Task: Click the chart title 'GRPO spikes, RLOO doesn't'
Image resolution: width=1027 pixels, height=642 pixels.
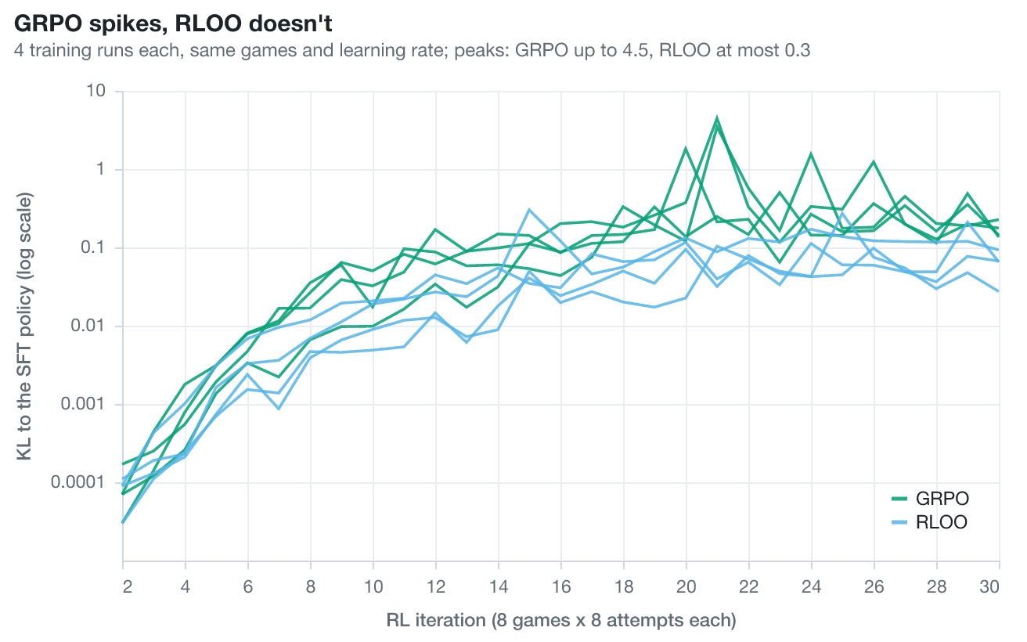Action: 173,23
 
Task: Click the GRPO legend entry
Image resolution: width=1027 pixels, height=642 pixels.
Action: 930,499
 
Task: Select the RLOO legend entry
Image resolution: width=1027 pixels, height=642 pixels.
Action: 929,522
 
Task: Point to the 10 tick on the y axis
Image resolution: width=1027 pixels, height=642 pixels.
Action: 95,91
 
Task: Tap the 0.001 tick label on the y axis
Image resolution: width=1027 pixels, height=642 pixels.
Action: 83,404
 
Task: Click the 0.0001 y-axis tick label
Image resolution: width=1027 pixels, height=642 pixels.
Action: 78,482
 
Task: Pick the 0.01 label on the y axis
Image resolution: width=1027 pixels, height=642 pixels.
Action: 88,326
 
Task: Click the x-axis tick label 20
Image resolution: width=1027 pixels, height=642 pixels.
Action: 686,586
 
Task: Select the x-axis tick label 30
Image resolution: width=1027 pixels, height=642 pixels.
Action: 989,586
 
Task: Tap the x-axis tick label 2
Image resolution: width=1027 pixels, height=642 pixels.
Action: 127,586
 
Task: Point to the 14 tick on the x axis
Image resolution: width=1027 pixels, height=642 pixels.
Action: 499,586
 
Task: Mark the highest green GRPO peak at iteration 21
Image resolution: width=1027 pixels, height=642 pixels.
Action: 717,117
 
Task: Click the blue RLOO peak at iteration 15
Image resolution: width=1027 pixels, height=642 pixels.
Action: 529,210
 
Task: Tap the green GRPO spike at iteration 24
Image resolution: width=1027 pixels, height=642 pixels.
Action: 811,153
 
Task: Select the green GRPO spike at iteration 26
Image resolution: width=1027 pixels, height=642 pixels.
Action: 874,161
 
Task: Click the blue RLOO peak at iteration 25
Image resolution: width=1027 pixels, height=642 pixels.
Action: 842,213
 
